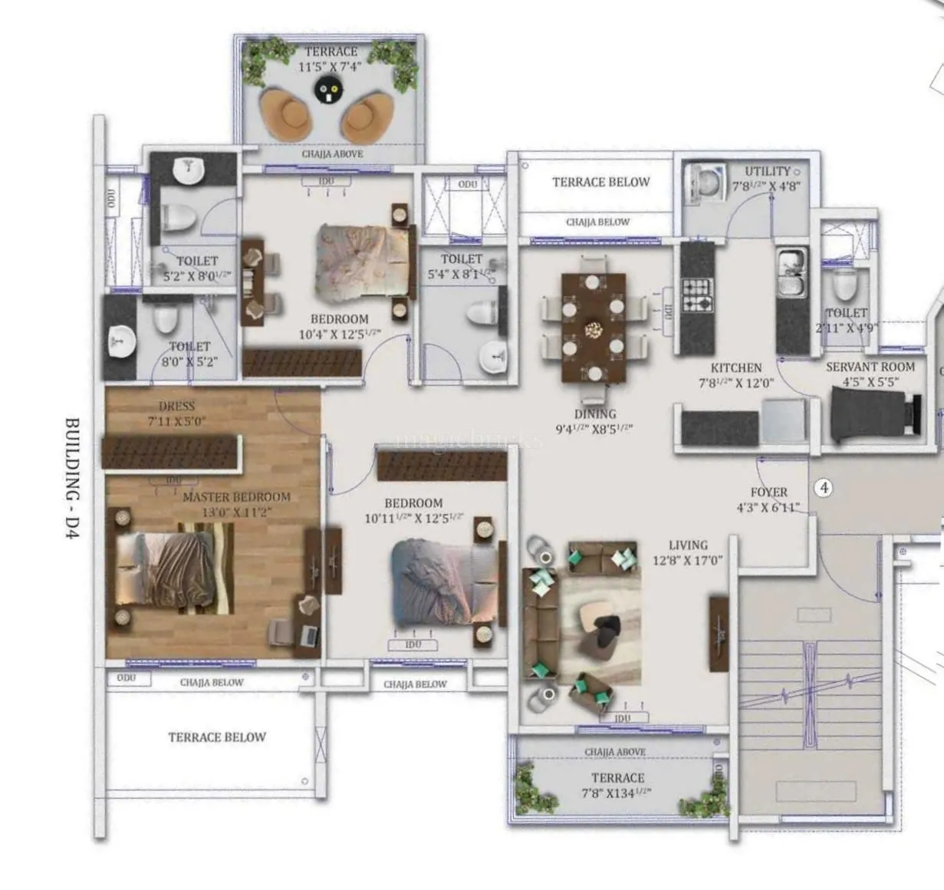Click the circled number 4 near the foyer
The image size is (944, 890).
(824, 487)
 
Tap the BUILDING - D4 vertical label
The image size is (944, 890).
(73, 480)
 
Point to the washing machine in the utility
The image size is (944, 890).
(704, 183)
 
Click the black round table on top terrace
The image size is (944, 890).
(328, 92)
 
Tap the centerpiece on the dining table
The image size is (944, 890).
(594, 330)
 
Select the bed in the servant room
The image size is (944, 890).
(874, 415)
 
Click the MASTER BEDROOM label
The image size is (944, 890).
(236, 497)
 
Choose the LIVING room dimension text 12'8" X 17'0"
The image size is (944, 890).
(687, 561)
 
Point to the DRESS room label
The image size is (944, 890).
(176, 406)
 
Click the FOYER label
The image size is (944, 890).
(768, 493)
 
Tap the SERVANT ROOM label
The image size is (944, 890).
(870, 368)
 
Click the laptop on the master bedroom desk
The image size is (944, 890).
(310, 635)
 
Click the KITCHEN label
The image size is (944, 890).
(735, 368)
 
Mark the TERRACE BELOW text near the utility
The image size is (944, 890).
(600, 183)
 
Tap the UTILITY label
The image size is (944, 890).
(767, 172)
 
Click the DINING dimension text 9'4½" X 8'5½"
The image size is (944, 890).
(594, 429)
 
